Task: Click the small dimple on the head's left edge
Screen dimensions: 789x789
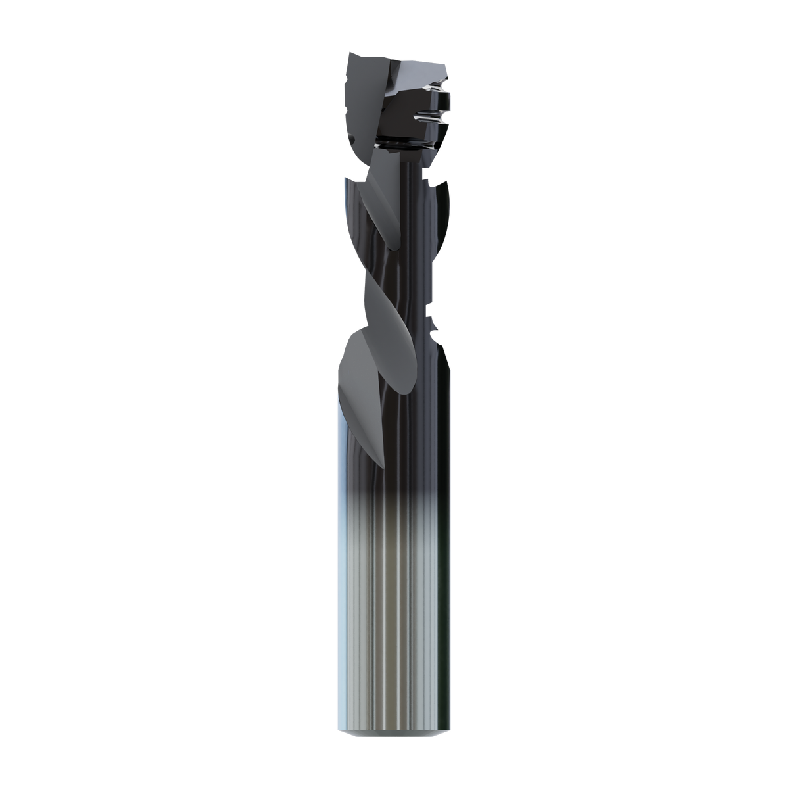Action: click(350, 139)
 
